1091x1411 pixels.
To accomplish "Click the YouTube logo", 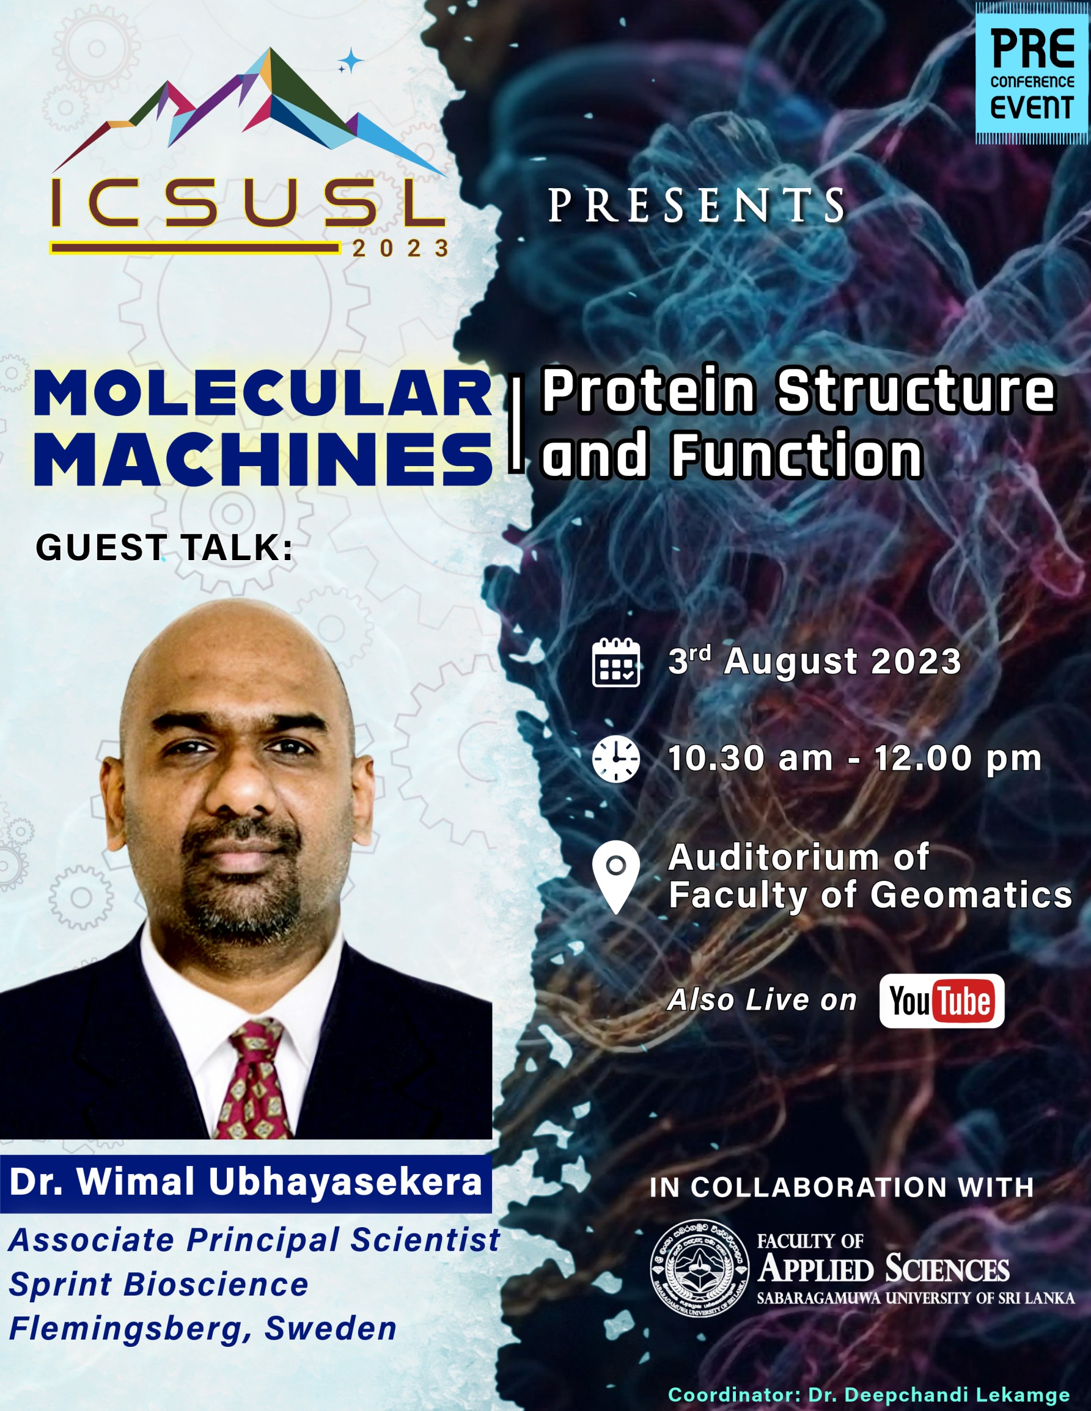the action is [941, 1001].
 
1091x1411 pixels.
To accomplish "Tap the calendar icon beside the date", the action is [616, 662].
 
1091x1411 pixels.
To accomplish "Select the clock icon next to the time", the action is [616, 759].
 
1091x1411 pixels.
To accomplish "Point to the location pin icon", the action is [616, 877].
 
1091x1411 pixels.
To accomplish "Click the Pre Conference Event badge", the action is [1032, 72].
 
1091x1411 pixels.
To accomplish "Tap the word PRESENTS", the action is [697, 206].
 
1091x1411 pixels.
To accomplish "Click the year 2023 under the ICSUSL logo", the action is [401, 248].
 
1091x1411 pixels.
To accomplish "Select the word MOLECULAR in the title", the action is [263, 393].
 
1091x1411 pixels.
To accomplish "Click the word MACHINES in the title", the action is [263, 460].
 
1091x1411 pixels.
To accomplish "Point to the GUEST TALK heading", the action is [164, 547].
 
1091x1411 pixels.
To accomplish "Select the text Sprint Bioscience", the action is [158, 1284].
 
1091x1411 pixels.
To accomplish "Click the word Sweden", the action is [330, 1329].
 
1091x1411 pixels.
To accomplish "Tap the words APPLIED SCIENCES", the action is [884, 1268].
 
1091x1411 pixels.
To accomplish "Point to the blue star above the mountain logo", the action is [351, 60].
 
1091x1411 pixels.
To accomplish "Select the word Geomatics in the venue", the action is [971, 895].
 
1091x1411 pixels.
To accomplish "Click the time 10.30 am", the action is [750, 759].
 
